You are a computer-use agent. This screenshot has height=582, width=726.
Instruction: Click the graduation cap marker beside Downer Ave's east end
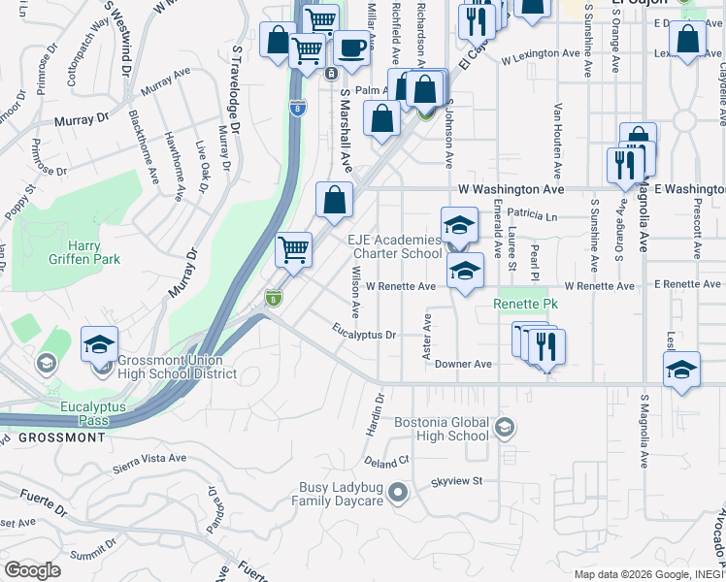681,369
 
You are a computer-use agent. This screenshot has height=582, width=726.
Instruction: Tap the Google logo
32,570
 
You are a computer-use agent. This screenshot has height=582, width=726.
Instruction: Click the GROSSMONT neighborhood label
62,437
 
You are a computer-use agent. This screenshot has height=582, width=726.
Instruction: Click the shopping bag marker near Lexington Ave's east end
687,40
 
